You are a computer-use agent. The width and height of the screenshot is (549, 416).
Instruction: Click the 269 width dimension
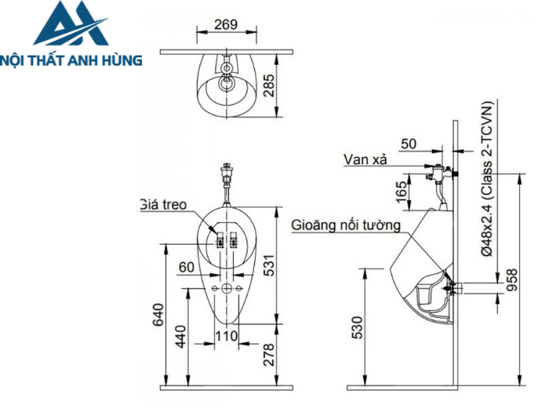coord(226,24)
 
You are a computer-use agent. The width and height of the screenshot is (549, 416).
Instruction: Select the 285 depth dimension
coord(270,84)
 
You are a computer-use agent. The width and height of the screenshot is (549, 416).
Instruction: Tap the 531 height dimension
coord(270,268)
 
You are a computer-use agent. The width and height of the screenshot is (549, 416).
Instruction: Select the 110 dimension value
coord(226,336)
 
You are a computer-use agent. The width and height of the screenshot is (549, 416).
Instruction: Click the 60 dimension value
coord(186,268)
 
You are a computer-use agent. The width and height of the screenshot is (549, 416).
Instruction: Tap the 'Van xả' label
coord(365,159)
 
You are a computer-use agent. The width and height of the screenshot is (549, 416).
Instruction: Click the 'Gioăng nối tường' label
coord(346,225)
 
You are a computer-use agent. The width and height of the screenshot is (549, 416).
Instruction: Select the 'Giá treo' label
coord(163,204)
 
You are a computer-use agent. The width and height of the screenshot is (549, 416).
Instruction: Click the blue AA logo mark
coord(70,26)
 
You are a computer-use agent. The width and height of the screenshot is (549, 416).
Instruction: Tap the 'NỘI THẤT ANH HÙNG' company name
coord(71,59)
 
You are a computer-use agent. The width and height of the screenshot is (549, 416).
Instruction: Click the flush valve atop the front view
coord(227,174)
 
